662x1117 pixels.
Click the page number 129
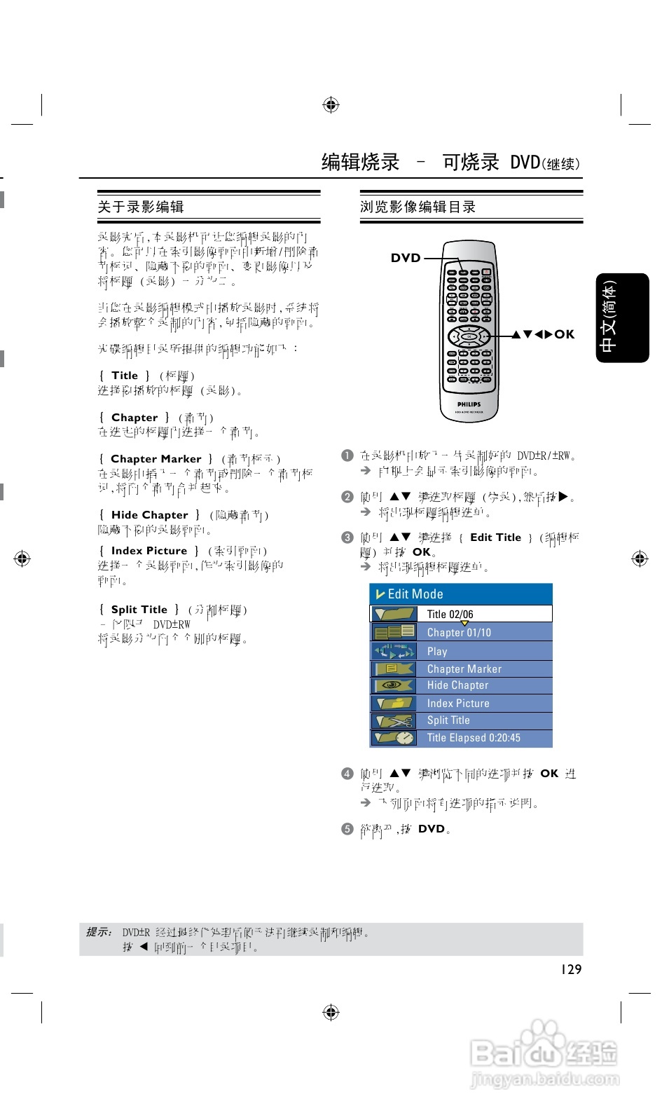(571, 969)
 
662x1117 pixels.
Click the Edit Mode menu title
(415, 594)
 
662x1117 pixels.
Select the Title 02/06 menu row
(450, 615)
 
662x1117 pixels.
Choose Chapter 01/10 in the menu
(459, 633)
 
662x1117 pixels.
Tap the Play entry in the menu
(437, 651)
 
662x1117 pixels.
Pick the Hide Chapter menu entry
(457, 685)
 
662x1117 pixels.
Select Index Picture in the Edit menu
(458, 704)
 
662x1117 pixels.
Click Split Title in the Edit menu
(448, 720)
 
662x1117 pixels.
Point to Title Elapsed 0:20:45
(474, 738)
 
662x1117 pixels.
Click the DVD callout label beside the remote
(406, 258)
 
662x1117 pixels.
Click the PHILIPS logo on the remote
(469, 404)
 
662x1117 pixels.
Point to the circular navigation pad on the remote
(469, 337)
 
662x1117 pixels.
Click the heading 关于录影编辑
(141, 207)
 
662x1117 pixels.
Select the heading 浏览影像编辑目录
(418, 207)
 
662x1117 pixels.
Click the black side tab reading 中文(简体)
(622, 317)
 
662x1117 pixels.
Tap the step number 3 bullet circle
(347, 537)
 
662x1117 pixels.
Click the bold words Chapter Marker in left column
(156, 459)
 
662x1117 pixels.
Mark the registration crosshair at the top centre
(331, 105)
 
